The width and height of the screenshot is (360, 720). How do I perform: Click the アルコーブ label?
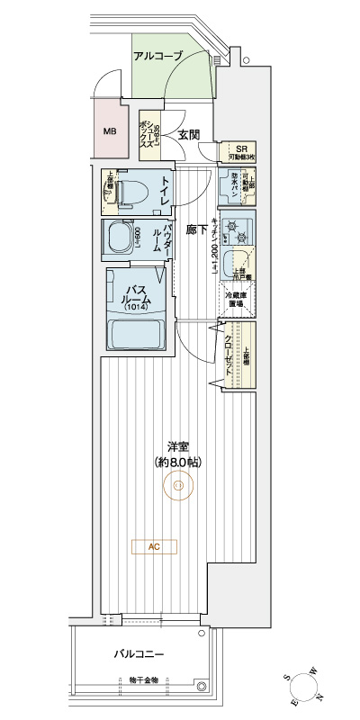[157, 56]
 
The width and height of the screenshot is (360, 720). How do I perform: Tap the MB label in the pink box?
[110, 131]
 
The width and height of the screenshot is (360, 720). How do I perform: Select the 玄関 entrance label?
[187, 136]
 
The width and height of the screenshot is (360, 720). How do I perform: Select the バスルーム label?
[134, 294]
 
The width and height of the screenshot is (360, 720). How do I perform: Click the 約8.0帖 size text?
[178, 462]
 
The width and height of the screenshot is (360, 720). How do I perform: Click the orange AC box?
[153, 545]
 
